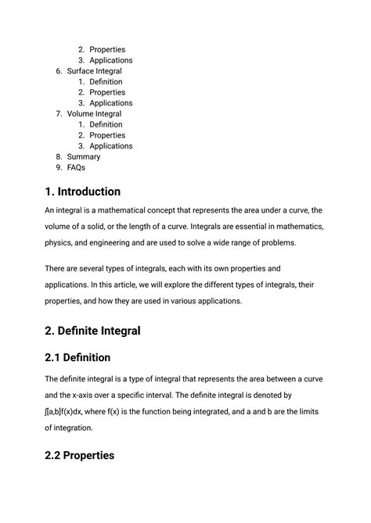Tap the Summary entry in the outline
(x=83, y=156)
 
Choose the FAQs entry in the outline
(x=76, y=167)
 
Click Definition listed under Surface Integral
(x=106, y=82)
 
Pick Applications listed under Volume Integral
(x=110, y=146)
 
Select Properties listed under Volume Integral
(x=107, y=135)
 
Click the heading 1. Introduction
(x=82, y=192)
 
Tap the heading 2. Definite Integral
(x=92, y=331)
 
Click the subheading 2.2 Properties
(x=79, y=455)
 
